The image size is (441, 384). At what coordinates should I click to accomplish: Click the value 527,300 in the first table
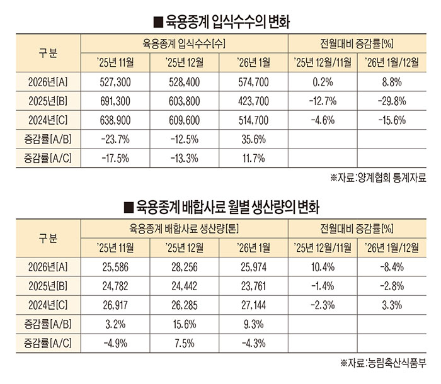pos(115,82)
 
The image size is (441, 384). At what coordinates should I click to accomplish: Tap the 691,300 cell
pos(115,101)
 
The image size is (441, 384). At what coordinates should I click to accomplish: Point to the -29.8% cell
pos(393,101)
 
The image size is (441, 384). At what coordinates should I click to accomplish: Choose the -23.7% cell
pos(115,138)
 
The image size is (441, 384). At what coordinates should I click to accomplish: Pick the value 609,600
pos(185,120)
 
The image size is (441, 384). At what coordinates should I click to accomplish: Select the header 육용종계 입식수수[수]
pos(185,43)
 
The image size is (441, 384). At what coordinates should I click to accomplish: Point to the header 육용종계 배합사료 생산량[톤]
pos(185,229)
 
